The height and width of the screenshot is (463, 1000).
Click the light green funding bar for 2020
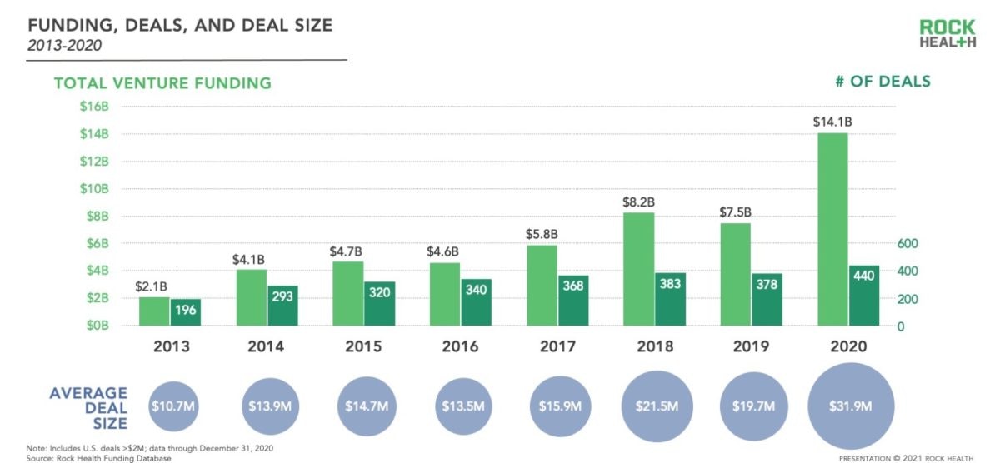point(832,229)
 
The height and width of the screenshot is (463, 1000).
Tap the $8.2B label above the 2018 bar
point(638,201)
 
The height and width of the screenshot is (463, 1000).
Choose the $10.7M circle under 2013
point(174,406)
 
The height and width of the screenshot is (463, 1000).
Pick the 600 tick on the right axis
point(907,243)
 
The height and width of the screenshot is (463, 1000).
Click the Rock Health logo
point(947,34)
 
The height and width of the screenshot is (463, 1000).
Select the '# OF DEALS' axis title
point(882,82)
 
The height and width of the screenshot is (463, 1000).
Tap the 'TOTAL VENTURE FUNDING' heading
point(162,83)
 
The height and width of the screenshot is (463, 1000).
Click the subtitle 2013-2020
point(65,46)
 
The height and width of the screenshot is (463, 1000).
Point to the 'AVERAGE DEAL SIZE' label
point(88,407)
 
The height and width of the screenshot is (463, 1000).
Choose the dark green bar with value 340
point(476,302)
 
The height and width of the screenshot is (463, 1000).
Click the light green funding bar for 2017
point(542,285)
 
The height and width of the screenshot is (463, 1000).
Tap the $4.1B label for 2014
point(250,260)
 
